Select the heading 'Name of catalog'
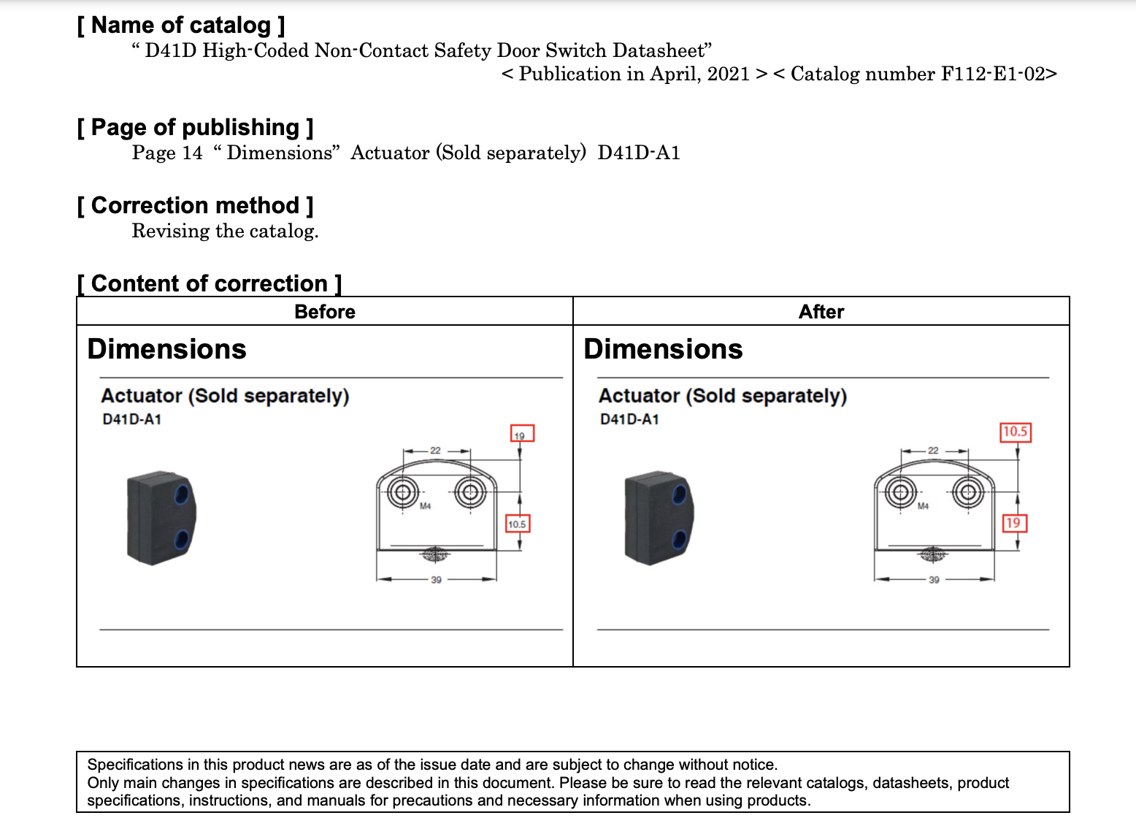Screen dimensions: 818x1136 tap(181, 26)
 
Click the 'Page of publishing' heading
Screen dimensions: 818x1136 tap(195, 128)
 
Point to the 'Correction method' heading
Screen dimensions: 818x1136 tap(195, 206)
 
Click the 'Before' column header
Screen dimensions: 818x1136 tap(325, 312)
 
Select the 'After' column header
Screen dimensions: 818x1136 tap(821, 312)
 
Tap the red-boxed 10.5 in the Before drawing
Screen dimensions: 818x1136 tap(518, 524)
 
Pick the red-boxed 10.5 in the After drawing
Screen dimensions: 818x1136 tap(1015, 432)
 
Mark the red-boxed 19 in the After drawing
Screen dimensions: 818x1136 tap(1013, 523)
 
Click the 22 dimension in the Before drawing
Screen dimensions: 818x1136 tap(435, 451)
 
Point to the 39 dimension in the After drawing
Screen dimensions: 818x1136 tap(934, 580)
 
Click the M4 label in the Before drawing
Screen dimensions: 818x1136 tap(426, 506)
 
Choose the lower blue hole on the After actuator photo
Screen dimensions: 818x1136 tap(679, 540)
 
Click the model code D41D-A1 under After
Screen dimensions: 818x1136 tap(629, 419)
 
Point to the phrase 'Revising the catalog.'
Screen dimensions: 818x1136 tap(225, 232)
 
